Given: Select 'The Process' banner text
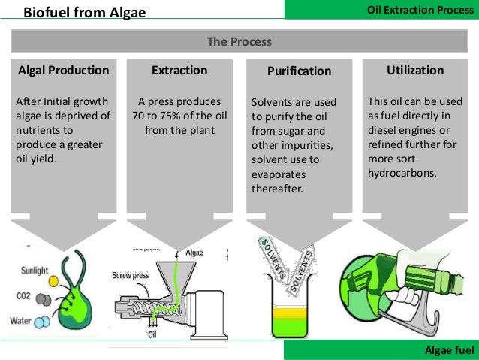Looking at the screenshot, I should (x=239, y=41).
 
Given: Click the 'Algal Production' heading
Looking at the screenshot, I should (x=62, y=71).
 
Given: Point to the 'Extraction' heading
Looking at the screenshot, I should (x=179, y=71).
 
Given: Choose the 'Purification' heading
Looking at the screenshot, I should (x=299, y=71).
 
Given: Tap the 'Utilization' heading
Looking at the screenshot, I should (x=415, y=71).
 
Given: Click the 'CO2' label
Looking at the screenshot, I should (x=23, y=296).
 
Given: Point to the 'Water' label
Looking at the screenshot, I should (x=21, y=321).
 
